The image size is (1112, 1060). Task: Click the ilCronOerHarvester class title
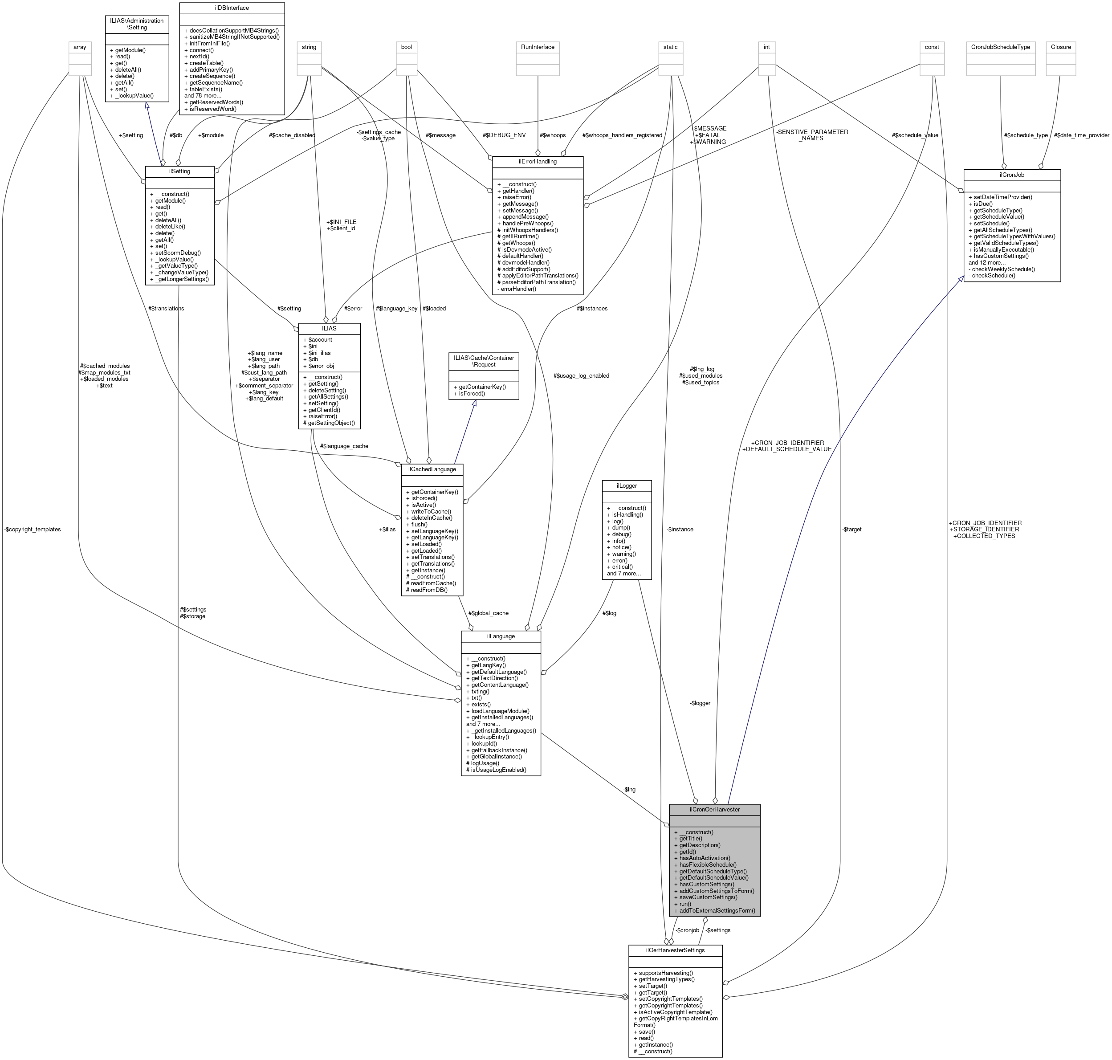(x=714, y=809)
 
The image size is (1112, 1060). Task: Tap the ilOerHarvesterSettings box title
(x=675, y=950)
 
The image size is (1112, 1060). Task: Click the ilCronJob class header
(x=1011, y=175)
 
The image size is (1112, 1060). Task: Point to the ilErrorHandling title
(x=538, y=162)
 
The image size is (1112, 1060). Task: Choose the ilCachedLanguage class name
(x=432, y=469)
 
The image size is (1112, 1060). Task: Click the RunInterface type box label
(x=538, y=47)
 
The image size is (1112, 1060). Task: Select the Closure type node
(x=1061, y=47)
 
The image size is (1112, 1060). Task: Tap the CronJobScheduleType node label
(x=1001, y=47)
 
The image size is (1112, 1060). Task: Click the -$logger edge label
(x=700, y=703)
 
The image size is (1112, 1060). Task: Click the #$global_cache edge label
(x=488, y=613)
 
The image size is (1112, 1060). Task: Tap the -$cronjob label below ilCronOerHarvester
(x=687, y=930)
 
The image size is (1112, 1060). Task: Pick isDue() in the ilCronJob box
(x=983, y=204)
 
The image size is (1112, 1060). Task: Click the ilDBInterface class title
(x=232, y=8)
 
